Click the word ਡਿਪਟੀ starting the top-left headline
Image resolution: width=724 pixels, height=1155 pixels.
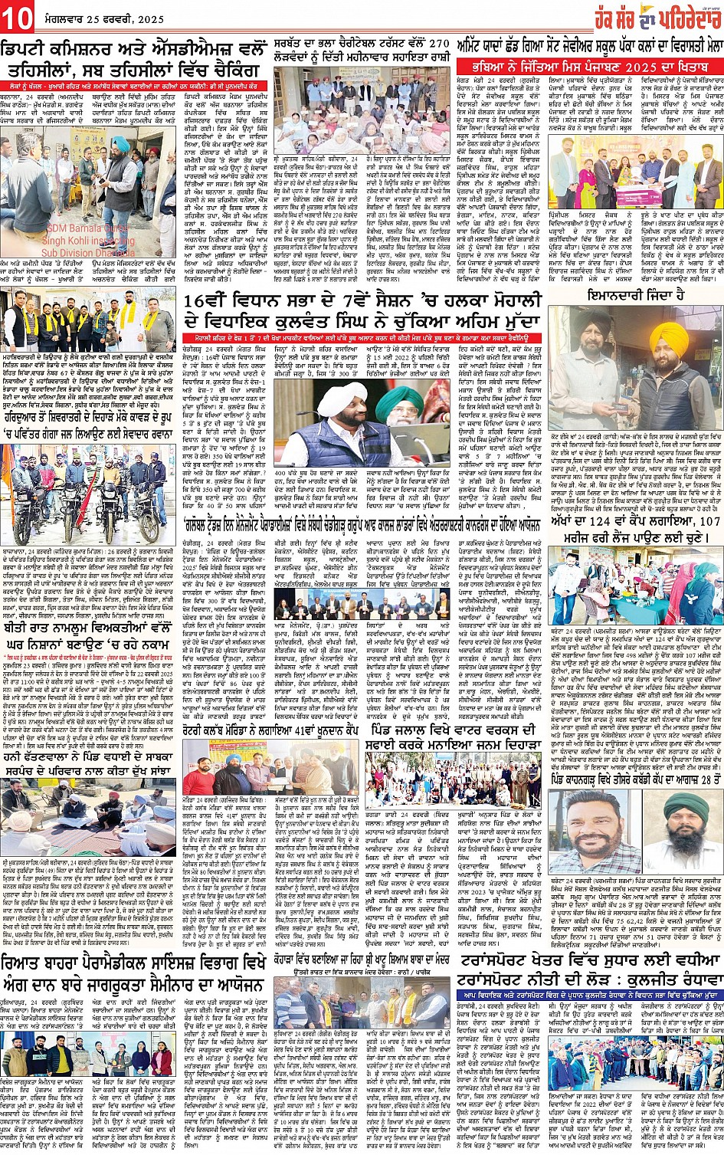(x=28, y=48)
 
